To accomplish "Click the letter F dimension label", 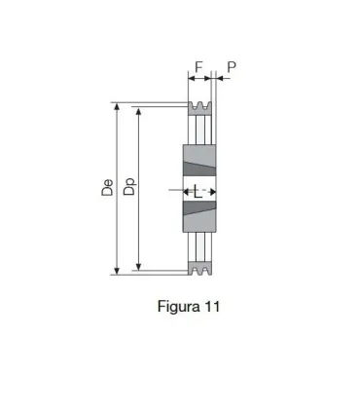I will click(198, 67).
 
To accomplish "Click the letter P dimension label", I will click(231, 67).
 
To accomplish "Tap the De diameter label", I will click(108, 188).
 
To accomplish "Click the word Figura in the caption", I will click(178, 306).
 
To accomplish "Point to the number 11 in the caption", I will click(212, 306).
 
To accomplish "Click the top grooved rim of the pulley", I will click(199, 107).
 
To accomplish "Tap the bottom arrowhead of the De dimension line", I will click(118, 271).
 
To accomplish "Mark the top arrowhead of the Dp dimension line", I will click(140, 112).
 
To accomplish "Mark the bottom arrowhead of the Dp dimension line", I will click(140, 265).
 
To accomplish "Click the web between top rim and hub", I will click(199, 130).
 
